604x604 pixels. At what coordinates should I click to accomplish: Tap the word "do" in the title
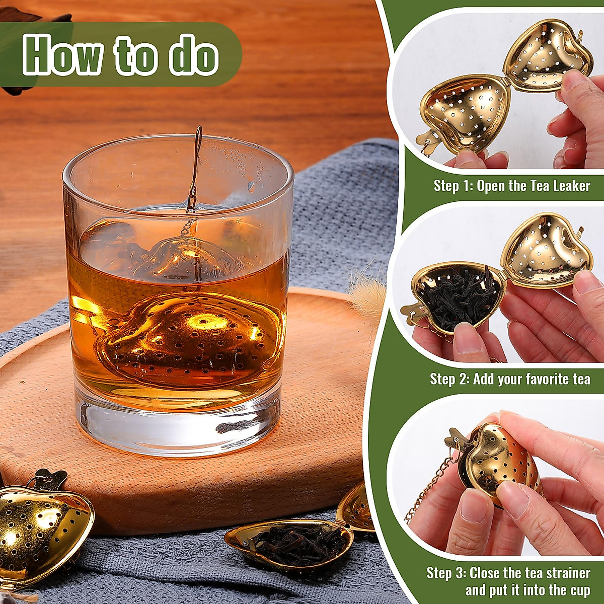click(194, 55)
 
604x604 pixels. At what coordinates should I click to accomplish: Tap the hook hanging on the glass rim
click(196, 151)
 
